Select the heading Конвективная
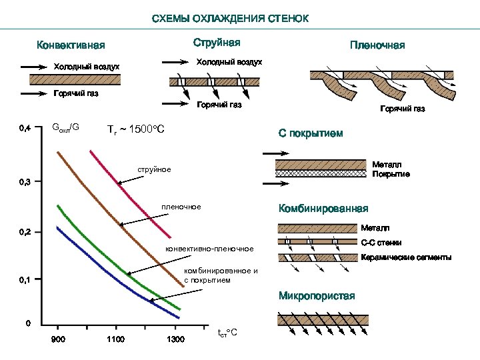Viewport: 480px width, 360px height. [x=71, y=46]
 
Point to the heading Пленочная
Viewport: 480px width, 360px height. [x=377, y=46]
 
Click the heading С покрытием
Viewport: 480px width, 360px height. [x=311, y=134]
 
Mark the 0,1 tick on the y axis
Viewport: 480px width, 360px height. [x=24, y=280]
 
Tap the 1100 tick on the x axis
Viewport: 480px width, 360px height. [x=115, y=340]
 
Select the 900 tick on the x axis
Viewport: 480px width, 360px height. [x=58, y=340]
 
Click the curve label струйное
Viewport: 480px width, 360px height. [x=154, y=170]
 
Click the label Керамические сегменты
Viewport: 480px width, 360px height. [x=405, y=257]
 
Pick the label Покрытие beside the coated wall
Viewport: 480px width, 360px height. [x=391, y=174]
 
